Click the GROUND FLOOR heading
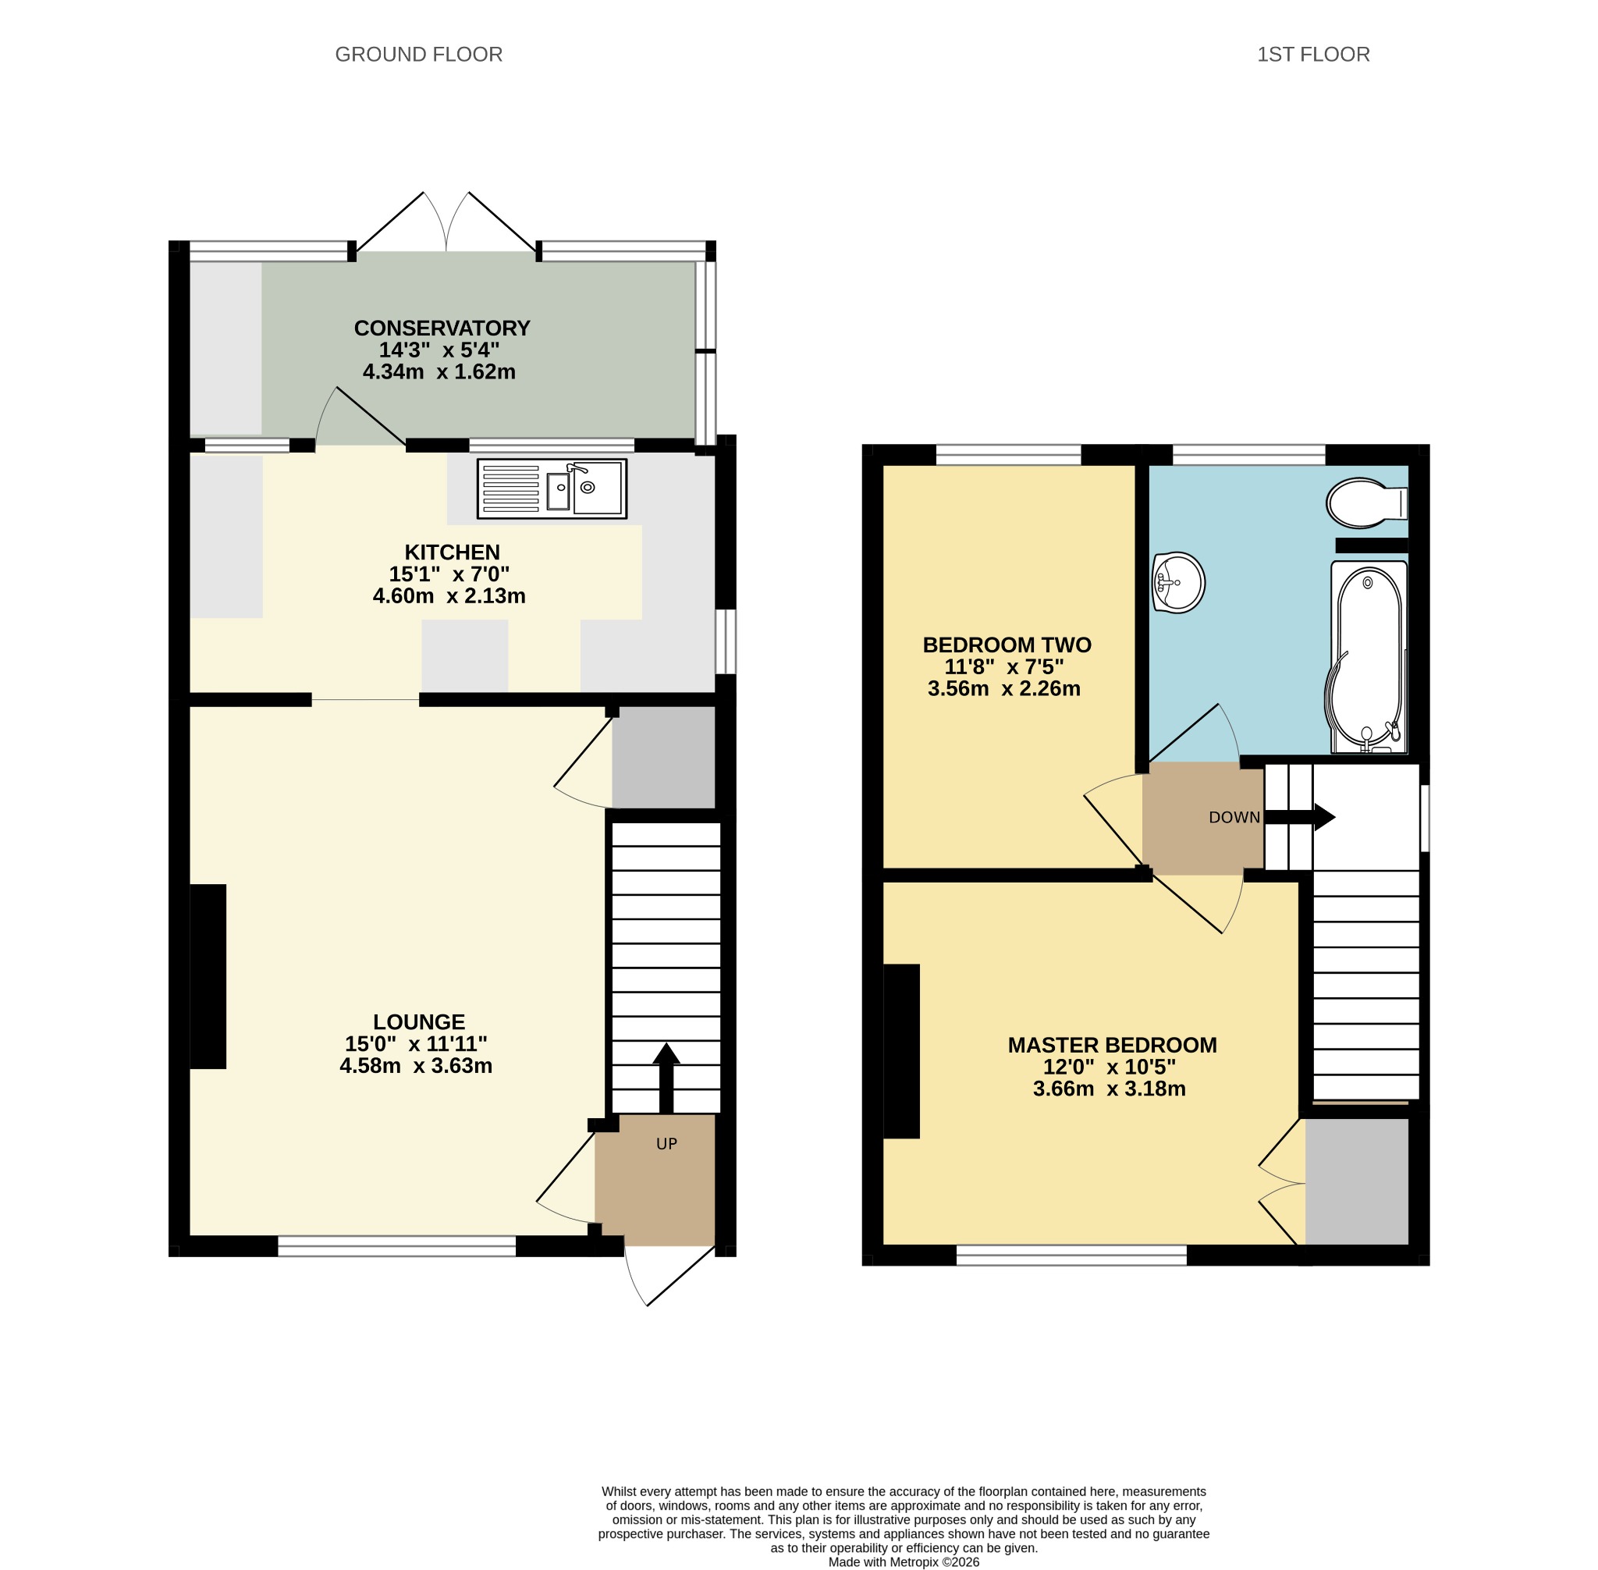coord(418,55)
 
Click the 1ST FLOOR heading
coord(1312,55)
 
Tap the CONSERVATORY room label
coord(442,329)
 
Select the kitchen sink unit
coord(552,489)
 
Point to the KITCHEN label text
coord(452,552)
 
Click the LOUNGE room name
coord(419,1021)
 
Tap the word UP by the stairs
coord(666,1144)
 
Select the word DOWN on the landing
coord(1234,817)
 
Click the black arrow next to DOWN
coord(1299,817)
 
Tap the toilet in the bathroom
coord(1366,503)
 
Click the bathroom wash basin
coord(1178,583)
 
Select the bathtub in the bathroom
coord(1369,658)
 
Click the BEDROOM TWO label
coord(1007,645)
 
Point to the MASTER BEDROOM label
coord(1113,1045)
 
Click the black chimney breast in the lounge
coord(208,976)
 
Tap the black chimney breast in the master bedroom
coord(901,1051)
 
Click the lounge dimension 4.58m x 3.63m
coord(417,1065)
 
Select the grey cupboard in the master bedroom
coord(1356,1181)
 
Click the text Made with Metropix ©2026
coord(904,1561)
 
